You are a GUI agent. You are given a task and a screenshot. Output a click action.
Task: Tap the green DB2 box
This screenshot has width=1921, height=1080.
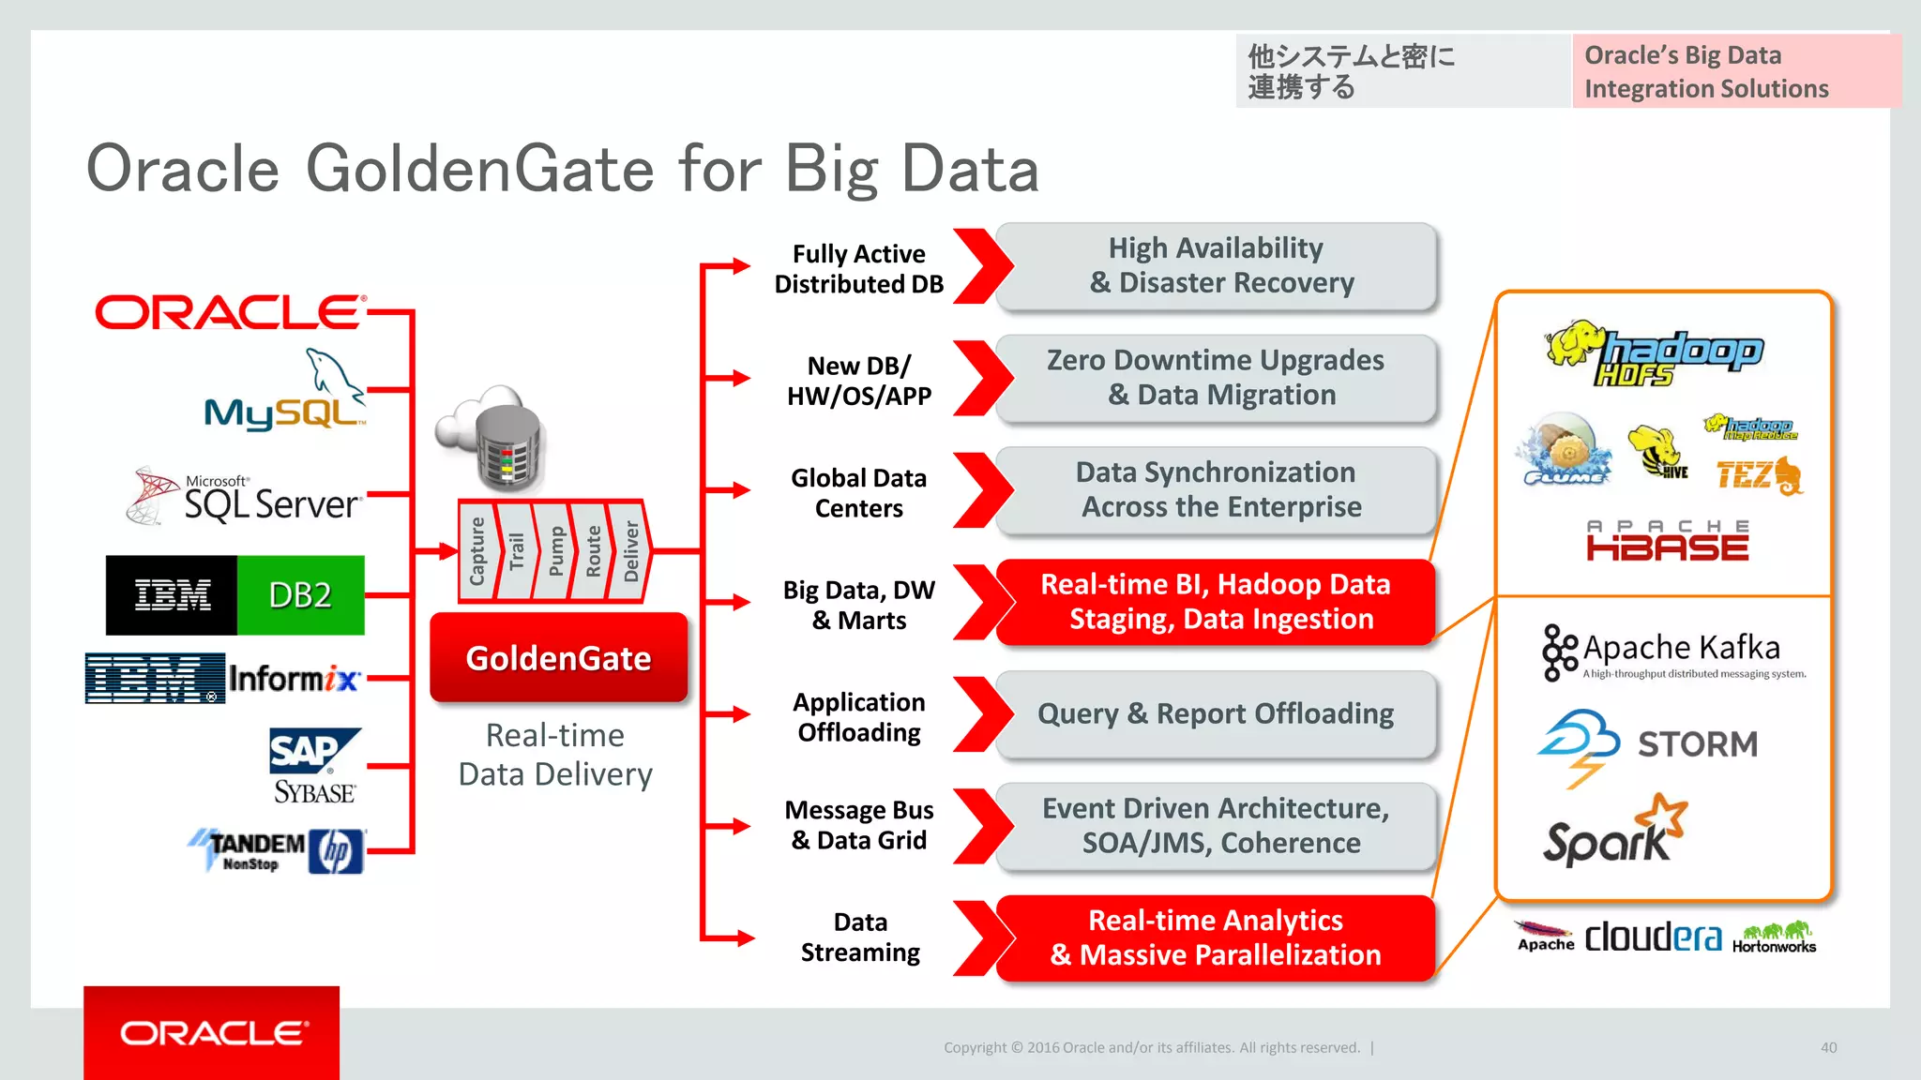[x=300, y=595]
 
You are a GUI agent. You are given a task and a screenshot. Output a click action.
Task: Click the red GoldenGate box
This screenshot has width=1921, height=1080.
[x=558, y=658]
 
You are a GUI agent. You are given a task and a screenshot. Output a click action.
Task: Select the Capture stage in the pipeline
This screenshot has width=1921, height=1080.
[x=476, y=551]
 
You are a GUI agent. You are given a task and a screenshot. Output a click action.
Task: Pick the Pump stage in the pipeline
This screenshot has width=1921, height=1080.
[x=555, y=551]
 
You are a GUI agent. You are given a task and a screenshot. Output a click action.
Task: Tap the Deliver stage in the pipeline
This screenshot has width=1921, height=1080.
[x=630, y=551]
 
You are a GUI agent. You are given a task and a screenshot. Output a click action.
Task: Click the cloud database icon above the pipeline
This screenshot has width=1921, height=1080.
[x=492, y=437]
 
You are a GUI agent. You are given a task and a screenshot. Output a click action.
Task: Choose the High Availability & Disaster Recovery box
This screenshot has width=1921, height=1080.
[x=1216, y=266]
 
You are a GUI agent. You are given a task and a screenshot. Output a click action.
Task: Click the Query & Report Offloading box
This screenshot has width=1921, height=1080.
[x=1216, y=714]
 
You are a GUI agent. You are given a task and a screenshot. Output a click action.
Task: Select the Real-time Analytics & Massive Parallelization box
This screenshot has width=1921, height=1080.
[x=1216, y=937]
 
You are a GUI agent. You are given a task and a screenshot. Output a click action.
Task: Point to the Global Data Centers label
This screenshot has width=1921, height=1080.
[x=858, y=493]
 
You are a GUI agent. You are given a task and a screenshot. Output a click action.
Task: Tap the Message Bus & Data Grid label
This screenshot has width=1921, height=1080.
[x=858, y=825]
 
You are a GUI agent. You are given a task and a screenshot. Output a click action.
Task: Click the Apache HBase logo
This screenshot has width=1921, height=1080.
[x=1667, y=541]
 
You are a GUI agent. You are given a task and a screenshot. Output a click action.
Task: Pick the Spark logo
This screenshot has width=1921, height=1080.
[x=1614, y=831]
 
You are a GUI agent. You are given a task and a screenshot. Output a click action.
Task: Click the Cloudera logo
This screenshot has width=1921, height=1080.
[x=1653, y=937]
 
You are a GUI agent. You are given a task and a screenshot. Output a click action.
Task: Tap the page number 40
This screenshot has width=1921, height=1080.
[x=1828, y=1047]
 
